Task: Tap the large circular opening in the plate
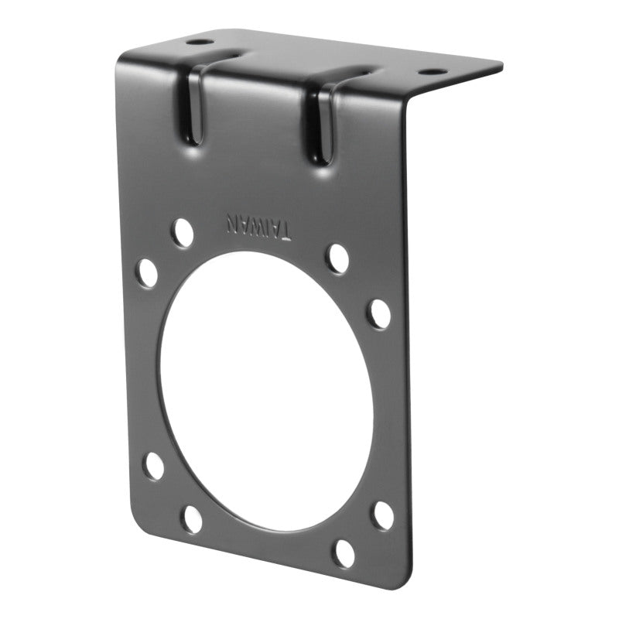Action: [267, 391]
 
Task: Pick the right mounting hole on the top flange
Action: [432, 71]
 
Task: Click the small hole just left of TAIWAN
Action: [183, 232]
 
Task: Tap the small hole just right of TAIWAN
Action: [337, 258]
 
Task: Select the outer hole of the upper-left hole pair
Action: [147, 273]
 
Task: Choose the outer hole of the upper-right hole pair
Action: [379, 313]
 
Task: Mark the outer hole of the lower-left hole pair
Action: [154, 466]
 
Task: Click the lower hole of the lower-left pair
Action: [192, 518]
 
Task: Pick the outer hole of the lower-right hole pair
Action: [383, 515]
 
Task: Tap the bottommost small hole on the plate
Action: [344, 552]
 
